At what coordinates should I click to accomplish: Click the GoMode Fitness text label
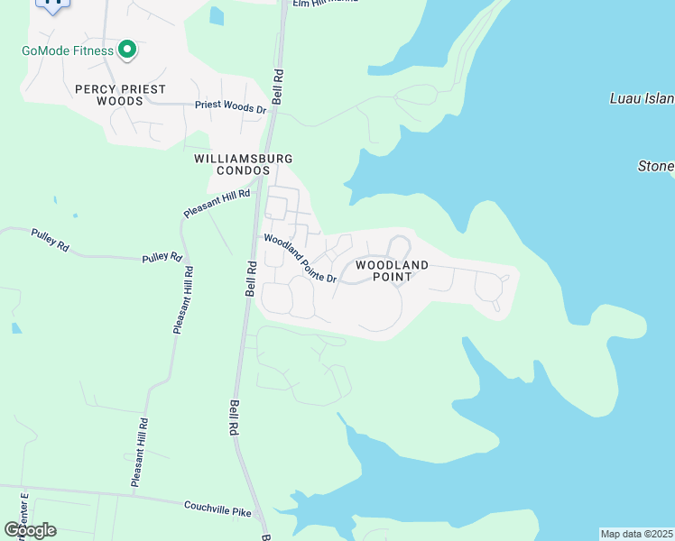[x=68, y=50]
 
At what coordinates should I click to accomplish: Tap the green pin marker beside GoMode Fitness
[x=127, y=50]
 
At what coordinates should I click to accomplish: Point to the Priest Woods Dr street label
[x=231, y=107]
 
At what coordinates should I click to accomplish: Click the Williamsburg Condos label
[x=244, y=164]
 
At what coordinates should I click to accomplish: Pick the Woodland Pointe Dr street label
[x=300, y=259]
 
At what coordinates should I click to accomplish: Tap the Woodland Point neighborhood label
[x=391, y=270]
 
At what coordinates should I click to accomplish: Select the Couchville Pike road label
[x=217, y=509]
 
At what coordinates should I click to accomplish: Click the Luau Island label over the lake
[x=641, y=98]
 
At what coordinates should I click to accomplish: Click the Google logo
[x=31, y=530]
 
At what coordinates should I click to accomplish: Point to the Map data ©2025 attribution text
[x=636, y=534]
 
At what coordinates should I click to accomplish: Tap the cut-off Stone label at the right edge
[x=656, y=167]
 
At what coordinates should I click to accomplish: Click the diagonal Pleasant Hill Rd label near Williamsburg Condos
[x=217, y=203]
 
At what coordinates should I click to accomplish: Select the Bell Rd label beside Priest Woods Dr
[x=277, y=87]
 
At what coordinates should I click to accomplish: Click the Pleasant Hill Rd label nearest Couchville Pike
[x=138, y=453]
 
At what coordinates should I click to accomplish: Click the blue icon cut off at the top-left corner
[x=52, y=5]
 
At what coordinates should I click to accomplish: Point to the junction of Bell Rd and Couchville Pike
[x=260, y=517]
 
